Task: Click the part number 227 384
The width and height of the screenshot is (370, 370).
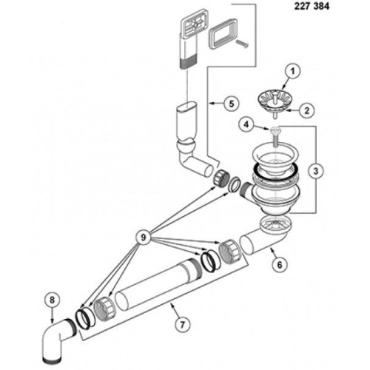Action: point(312,6)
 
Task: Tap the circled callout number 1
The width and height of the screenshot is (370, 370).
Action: point(292,72)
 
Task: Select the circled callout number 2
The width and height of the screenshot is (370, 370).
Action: point(306,110)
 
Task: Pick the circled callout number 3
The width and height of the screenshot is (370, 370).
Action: point(316,171)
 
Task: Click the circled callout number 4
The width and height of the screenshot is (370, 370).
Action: point(246,125)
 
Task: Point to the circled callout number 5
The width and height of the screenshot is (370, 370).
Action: point(231,104)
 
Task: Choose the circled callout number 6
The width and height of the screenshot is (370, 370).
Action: point(280,265)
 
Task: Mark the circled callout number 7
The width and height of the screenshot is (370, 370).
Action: point(182,324)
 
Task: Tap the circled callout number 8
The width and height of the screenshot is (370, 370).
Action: point(52,300)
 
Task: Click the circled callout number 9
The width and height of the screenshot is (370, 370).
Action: point(143,238)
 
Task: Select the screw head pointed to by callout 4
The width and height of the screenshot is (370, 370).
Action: point(275,129)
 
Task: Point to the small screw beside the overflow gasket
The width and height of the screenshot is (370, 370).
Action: point(242,44)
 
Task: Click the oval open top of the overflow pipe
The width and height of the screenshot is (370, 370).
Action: point(187,106)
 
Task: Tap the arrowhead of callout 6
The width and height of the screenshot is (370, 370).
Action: point(272,249)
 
